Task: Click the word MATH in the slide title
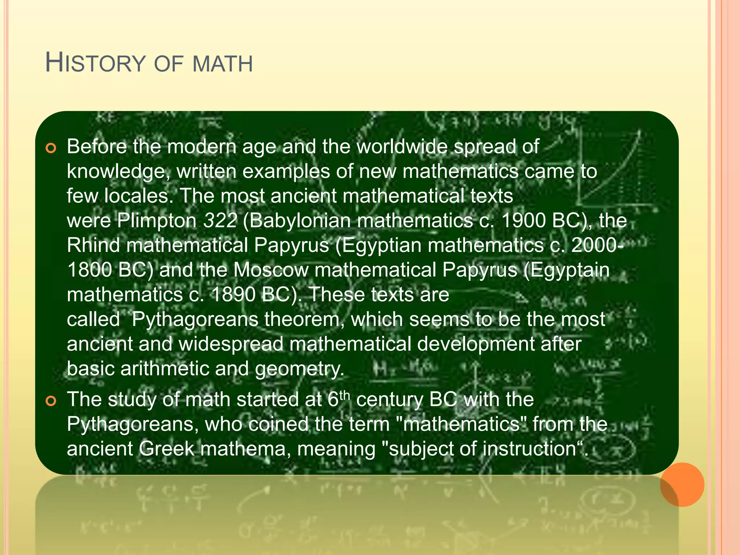223,64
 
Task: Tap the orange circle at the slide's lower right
682,485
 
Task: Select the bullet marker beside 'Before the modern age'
51,148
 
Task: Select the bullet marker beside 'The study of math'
51,401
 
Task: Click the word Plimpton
156,221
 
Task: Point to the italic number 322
220,220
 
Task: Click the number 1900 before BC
524,220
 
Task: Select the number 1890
233,294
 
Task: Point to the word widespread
231,344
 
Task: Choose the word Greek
167,449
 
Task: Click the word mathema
246,449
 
